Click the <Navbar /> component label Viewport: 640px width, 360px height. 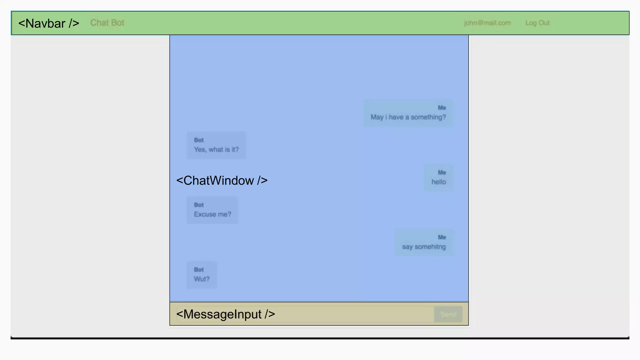49,23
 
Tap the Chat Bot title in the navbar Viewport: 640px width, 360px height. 107,23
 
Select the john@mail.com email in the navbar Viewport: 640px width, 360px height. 487,23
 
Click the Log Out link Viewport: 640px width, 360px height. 537,23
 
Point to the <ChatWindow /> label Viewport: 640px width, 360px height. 222,181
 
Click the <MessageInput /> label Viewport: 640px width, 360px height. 226,314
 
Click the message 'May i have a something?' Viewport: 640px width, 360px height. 408,117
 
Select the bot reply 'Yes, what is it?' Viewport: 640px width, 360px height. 216,150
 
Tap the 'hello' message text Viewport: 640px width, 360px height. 439,182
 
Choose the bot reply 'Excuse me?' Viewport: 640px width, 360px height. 212,214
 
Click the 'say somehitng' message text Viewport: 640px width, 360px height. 424,247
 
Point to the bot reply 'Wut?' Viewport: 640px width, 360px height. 202,279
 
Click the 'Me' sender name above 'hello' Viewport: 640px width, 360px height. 442,172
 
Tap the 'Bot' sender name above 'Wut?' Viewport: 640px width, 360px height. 199,270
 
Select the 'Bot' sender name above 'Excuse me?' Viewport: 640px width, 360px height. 199,205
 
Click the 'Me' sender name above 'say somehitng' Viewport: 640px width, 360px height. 442,237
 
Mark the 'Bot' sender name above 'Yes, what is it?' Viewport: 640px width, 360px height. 199,140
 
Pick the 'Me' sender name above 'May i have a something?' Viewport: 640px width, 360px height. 442,108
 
